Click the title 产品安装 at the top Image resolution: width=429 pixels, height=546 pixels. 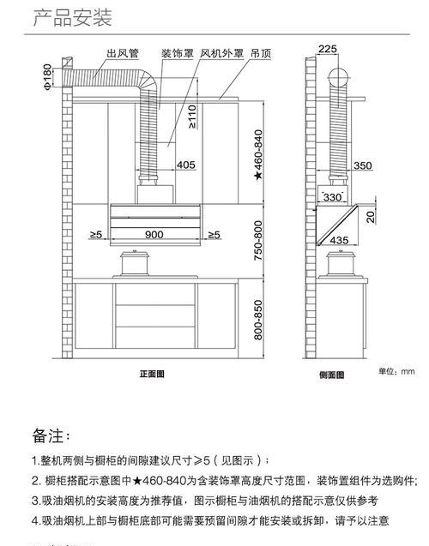click(72, 18)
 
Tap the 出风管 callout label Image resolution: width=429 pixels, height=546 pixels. click(123, 53)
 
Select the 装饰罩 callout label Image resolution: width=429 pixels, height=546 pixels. click(178, 53)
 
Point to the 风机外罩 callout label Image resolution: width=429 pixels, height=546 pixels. click(221, 53)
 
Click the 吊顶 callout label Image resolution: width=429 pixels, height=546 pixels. click(261, 53)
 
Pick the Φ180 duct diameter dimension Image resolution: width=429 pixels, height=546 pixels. click(48, 76)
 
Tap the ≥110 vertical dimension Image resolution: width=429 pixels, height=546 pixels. click(191, 117)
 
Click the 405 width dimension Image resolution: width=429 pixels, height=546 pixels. click(185, 165)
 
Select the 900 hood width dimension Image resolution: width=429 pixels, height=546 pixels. click(154, 234)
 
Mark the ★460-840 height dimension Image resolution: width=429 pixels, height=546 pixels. click(258, 155)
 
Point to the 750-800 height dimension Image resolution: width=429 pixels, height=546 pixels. click(258, 240)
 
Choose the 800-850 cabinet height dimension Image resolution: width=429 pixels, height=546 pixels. click(258, 320)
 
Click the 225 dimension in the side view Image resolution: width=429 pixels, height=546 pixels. click(328, 49)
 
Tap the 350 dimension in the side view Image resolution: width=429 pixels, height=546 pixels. click(363, 165)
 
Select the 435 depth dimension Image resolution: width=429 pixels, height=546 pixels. click(339, 240)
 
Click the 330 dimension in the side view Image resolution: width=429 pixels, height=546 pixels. click(332, 197)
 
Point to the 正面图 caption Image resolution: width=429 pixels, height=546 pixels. click(152, 374)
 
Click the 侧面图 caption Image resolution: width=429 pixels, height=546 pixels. click(332, 375)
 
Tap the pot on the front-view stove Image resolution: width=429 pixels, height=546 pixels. click(135, 263)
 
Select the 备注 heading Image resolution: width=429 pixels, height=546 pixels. click(51, 435)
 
